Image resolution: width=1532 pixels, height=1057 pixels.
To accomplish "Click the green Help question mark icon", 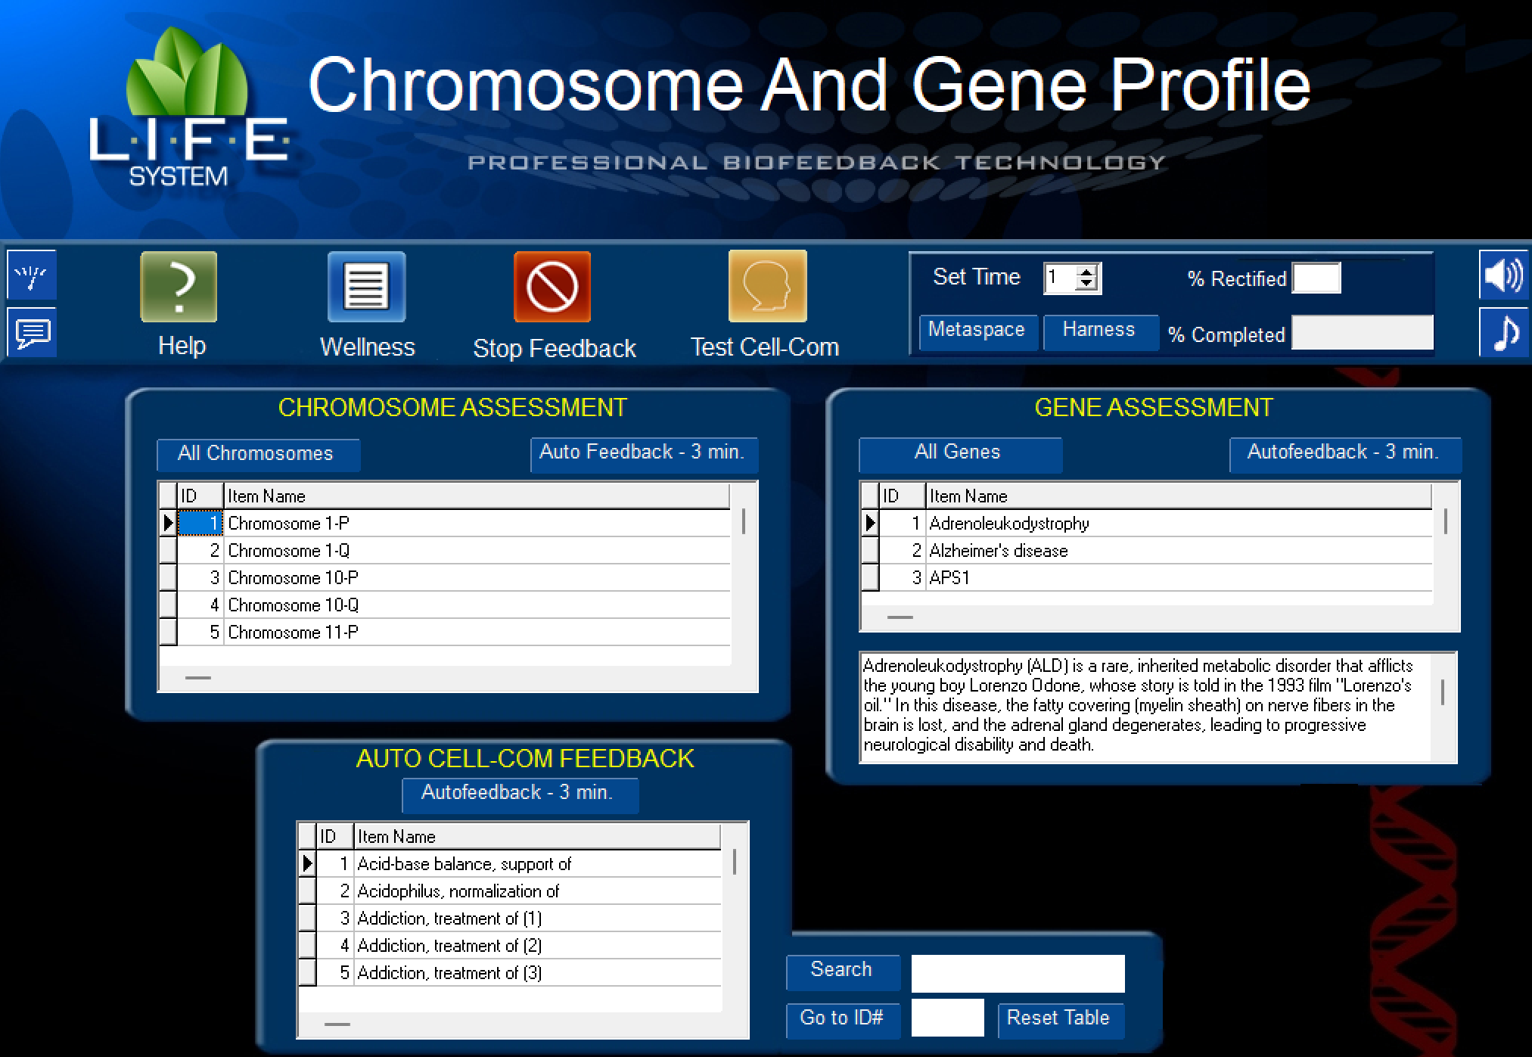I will coord(179,287).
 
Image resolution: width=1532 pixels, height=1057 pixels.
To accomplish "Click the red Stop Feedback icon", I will coord(552,287).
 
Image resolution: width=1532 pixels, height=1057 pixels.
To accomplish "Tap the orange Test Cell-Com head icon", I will coord(767,287).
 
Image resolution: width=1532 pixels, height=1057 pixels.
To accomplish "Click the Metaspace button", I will coord(976,331).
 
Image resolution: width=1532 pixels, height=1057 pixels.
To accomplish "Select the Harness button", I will coord(1099,331).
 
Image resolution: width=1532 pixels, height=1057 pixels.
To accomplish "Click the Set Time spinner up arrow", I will coord(1087,272).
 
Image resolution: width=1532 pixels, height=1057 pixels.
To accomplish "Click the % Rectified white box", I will coord(1316,278).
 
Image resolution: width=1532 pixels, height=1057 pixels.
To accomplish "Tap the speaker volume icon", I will coord(1503,275).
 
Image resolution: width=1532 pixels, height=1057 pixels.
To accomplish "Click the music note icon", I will coord(1503,332).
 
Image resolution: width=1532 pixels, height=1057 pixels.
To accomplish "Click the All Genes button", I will coord(959,453).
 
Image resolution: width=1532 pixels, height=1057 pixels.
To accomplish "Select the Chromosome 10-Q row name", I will coord(294,605).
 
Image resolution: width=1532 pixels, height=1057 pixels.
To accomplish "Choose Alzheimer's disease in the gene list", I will coord(999,551).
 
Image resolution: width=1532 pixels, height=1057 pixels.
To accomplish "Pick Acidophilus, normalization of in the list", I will coord(458,891).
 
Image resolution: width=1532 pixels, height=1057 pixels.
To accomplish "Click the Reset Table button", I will coord(1058,1018).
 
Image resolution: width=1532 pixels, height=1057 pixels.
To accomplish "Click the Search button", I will coord(842,971).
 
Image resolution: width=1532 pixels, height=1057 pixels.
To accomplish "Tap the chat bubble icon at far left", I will coord(33,332).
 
